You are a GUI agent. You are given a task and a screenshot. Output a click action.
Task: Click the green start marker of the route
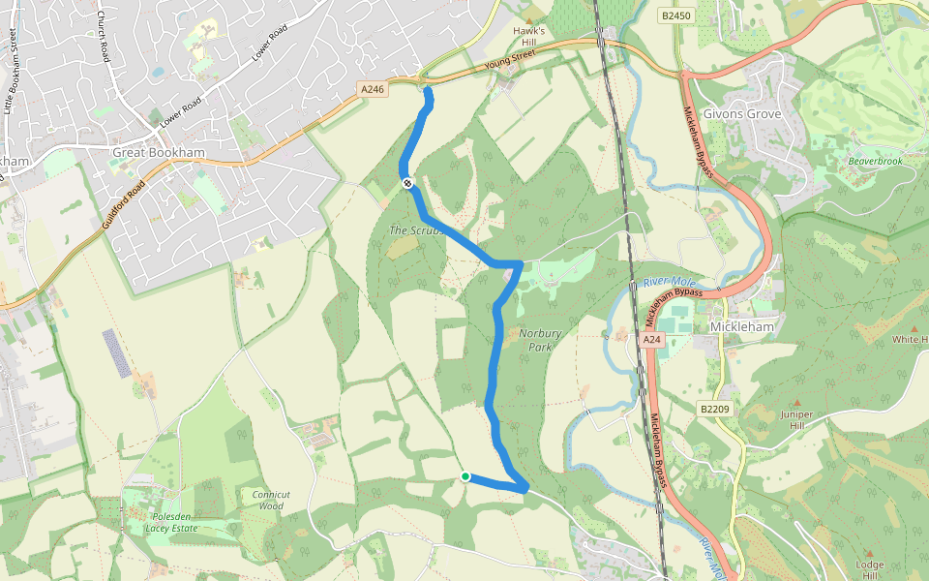(465, 476)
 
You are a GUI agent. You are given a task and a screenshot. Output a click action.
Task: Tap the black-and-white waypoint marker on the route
(407, 182)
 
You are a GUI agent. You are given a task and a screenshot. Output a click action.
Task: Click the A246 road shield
(373, 89)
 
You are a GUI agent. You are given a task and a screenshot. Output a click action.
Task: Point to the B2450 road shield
(676, 15)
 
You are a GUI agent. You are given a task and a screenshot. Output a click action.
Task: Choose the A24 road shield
(651, 340)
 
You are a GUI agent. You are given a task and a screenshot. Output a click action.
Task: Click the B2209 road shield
(714, 409)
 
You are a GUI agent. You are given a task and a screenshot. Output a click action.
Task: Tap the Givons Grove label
(742, 113)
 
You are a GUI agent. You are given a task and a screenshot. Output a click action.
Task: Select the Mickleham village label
(742, 327)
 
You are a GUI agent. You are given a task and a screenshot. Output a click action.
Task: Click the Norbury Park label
(540, 340)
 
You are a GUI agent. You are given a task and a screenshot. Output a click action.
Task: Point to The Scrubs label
(415, 230)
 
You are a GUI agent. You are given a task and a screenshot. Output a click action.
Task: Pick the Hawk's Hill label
(529, 37)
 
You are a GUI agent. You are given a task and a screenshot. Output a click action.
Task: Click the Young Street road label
(510, 62)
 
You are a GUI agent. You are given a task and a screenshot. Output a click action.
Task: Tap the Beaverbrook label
(875, 161)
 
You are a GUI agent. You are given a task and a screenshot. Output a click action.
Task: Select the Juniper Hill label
(797, 419)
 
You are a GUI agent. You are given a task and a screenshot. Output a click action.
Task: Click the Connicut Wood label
(271, 500)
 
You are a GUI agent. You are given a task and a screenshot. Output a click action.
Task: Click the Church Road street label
(104, 38)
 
